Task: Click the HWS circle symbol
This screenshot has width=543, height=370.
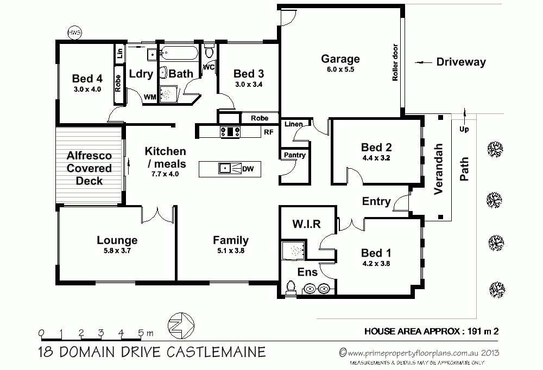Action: click(x=74, y=33)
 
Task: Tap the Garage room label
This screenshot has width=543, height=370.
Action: click(x=340, y=59)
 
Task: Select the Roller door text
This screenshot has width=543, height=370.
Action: click(x=395, y=63)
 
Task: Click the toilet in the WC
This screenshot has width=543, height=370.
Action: click(x=209, y=53)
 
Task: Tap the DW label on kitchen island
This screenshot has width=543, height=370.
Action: click(x=248, y=169)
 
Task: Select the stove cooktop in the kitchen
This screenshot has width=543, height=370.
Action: click(x=230, y=131)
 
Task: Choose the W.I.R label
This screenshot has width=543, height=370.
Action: click(x=307, y=224)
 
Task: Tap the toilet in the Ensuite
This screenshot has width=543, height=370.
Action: click(x=291, y=288)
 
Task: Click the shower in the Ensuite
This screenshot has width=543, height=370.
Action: click(x=293, y=250)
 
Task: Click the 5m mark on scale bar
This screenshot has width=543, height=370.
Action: click(x=141, y=333)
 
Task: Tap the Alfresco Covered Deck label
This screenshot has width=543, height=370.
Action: click(x=89, y=168)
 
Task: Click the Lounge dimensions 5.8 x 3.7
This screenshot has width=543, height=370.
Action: click(x=117, y=251)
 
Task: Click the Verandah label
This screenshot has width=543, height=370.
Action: click(x=439, y=169)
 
